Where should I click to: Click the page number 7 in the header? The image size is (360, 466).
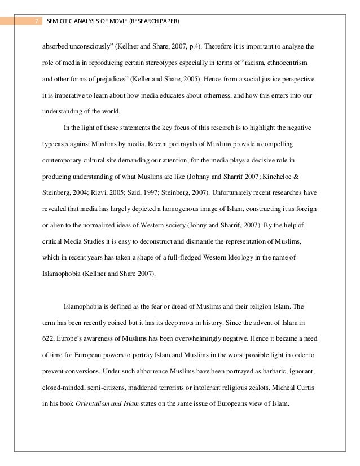(35, 21)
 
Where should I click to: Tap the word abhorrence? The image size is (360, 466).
(163, 373)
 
